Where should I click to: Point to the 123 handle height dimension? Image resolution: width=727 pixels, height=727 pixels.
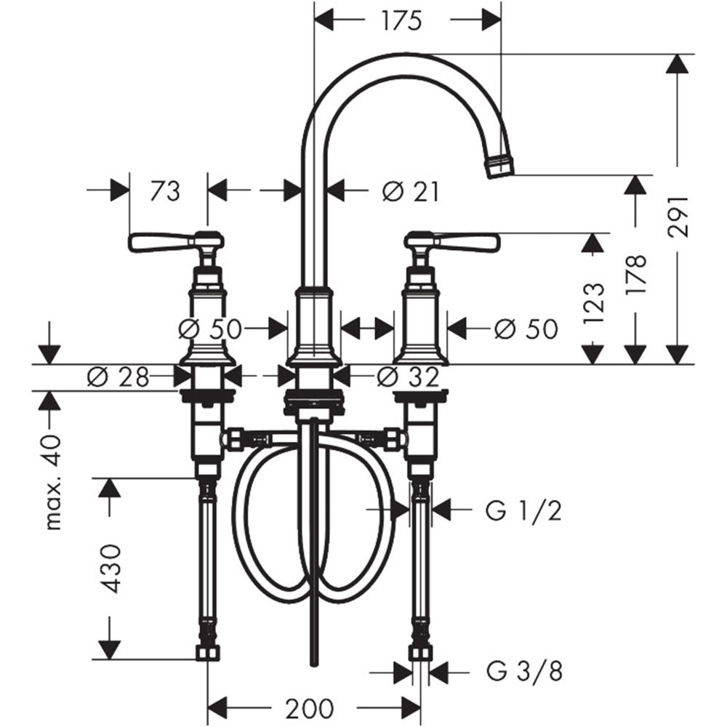[x=594, y=302]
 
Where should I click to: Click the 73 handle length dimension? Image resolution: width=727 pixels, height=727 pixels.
[x=165, y=191]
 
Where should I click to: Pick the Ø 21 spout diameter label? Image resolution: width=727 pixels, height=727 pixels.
[x=411, y=191]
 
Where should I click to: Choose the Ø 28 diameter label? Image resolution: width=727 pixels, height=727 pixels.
[x=118, y=377]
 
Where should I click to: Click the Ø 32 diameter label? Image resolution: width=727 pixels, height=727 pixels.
[x=409, y=377]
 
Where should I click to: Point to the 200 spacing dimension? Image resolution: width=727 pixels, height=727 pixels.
[x=309, y=707]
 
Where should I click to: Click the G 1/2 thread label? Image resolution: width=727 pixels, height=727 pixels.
[x=523, y=512]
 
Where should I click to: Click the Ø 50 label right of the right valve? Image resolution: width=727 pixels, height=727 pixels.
[x=526, y=329]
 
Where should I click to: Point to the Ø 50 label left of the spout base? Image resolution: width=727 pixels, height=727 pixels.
[x=209, y=329]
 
